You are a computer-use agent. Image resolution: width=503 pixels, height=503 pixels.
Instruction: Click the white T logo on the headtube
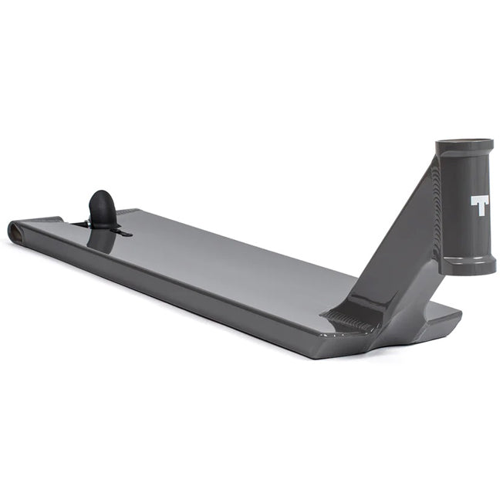480,204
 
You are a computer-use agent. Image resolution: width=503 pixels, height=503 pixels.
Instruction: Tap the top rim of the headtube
464,144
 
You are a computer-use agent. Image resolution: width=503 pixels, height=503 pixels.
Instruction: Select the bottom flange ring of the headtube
468,266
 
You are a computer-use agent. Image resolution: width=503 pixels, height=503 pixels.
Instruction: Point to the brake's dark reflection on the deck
101,240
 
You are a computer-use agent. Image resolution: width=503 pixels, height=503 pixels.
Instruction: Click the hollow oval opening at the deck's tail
15,230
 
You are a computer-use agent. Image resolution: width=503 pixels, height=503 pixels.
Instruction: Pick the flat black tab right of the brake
121,231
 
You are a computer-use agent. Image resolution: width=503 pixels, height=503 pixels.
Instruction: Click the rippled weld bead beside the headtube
437,201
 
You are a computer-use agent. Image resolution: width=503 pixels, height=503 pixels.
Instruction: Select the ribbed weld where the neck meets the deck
347,317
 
